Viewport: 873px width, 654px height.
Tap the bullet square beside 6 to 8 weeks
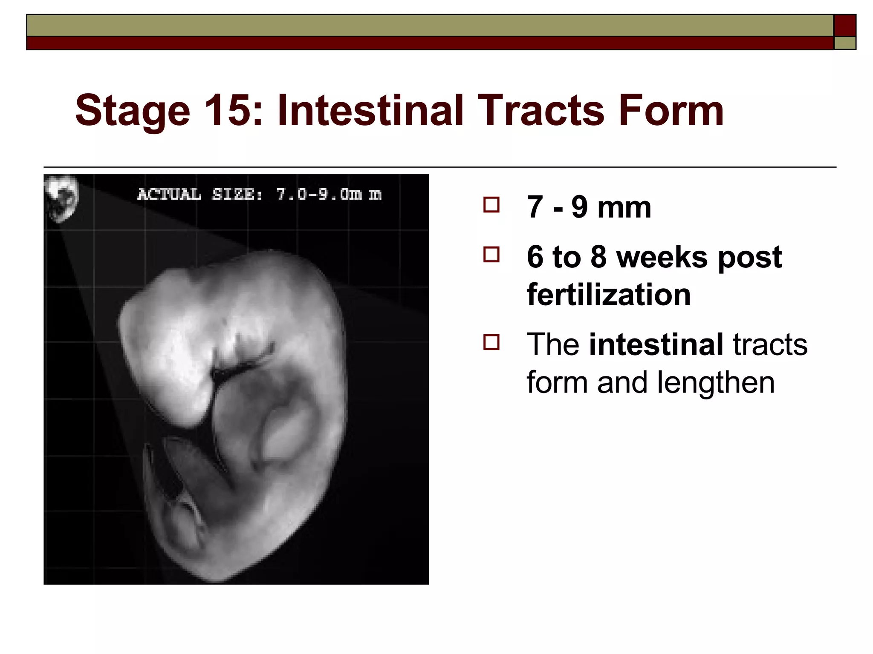(x=491, y=255)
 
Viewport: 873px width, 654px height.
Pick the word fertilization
(x=609, y=295)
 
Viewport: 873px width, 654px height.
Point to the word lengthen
(x=716, y=382)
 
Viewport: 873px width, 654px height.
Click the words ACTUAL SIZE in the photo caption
(x=199, y=194)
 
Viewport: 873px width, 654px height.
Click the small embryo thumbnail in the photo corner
(x=62, y=198)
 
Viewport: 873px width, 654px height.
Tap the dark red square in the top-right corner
(x=845, y=26)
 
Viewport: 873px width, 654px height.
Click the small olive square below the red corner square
(x=845, y=43)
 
